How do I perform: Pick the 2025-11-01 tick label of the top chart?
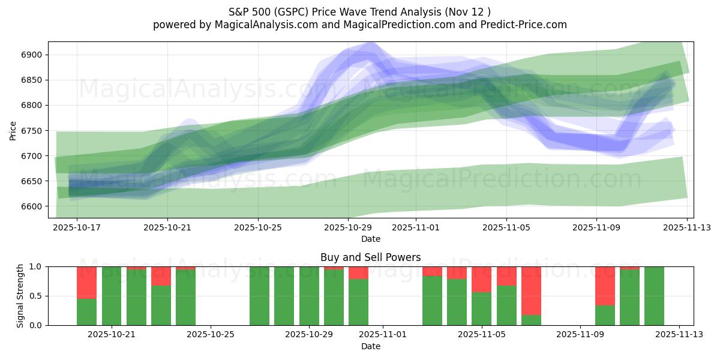pyautogui.click(x=416, y=228)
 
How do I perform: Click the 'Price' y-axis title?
pyautogui.click(x=13, y=130)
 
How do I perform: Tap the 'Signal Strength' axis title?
pyautogui.click(x=20, y=296)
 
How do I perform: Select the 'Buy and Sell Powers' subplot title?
pyautogui.click(x=370, y=257)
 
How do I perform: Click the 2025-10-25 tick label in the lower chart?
pyautogui.click(x=211, y=334)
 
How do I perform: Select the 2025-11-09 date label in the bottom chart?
pyautogui.click(x=580, y=334)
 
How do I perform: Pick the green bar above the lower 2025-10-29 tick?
pyautogui.click(x=309, y=296)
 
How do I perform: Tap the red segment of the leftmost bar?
pyautogui.click(x=86, y=282)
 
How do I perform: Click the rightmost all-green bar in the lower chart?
pyautogui.click(x=654, y=296)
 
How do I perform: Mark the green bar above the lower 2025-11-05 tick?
pyautogui.click(x=482, y=308)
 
